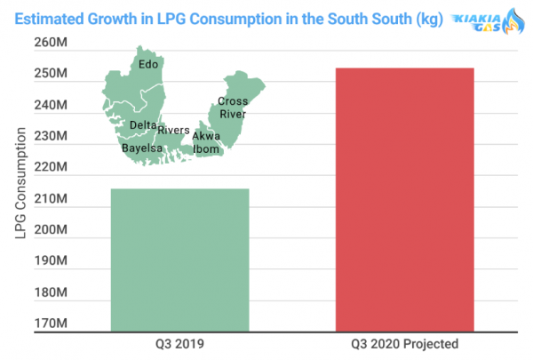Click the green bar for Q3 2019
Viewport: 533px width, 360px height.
point(179,260)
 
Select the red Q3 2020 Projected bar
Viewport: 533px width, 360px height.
point(405,200)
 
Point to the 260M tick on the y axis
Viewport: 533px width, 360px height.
point(51,43)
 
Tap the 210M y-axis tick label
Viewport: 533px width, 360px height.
point(51,198)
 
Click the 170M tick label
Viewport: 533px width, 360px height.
point(51,324)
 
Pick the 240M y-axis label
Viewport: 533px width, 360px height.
point(51,105)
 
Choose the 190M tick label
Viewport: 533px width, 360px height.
point(51,260)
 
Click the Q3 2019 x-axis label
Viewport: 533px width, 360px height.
point(179,344)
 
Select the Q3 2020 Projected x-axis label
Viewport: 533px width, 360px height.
point(404,344)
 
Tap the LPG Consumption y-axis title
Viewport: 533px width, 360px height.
point(20,183)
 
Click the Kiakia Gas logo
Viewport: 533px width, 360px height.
point(488,21)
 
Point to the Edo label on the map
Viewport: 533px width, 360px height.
point(148,64)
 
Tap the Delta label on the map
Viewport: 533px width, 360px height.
point(143,125)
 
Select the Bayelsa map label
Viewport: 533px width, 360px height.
point(142,148)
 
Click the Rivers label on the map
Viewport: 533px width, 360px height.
point(173,130)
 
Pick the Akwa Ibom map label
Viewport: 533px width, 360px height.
point(206,142)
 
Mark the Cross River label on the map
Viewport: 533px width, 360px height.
point(233,108)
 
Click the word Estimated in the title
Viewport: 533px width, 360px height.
point(48,19)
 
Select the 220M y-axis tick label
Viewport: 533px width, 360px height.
point(51,167)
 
